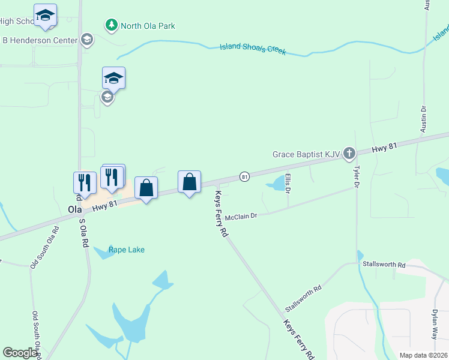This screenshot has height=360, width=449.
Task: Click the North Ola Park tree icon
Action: tap(111, 25)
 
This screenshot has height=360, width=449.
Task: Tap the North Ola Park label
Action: tap(148, 25)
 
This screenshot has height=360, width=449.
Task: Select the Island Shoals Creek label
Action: tap(252, 49)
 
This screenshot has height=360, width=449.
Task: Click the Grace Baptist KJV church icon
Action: tap(349, 154)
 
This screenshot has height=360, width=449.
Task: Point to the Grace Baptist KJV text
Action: tap(306, 154)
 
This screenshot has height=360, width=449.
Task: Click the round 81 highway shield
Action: tap(244, 176)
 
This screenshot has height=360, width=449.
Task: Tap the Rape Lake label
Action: tap(127, 250)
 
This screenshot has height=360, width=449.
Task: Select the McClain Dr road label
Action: tap(241, 216)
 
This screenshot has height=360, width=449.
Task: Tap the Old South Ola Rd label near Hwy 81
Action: tap(44, 247)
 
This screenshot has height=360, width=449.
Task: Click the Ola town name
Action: tap(74, 210)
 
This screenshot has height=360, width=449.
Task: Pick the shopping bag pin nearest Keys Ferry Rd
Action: tap(190, 182)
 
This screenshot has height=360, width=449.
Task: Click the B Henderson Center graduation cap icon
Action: tap(87, 40)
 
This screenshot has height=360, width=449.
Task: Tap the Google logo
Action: tap(20, 353)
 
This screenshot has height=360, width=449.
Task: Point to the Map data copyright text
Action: tap(423, 355)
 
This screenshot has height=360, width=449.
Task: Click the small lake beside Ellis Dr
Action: tap(277, 182)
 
